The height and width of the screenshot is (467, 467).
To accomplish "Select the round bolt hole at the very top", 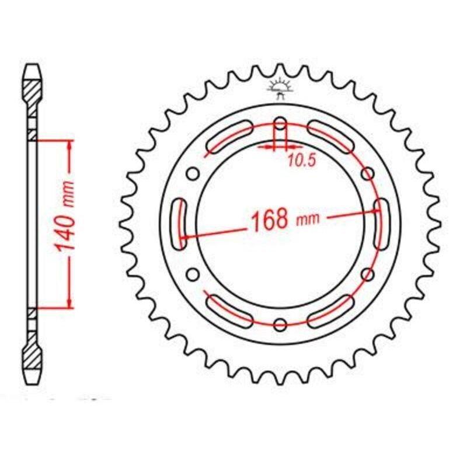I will (280, 123).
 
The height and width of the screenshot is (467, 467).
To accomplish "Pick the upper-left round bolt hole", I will (193, 173).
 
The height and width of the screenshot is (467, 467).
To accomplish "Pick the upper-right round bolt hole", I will (368, 173).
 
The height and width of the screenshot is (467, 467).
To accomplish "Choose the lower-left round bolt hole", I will (193, 274).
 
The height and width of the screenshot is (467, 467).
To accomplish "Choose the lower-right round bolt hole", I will (368, 274).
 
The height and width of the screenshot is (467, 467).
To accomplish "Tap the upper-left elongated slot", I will (229, 139).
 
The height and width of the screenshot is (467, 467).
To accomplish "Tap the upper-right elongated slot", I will (331, 139).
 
